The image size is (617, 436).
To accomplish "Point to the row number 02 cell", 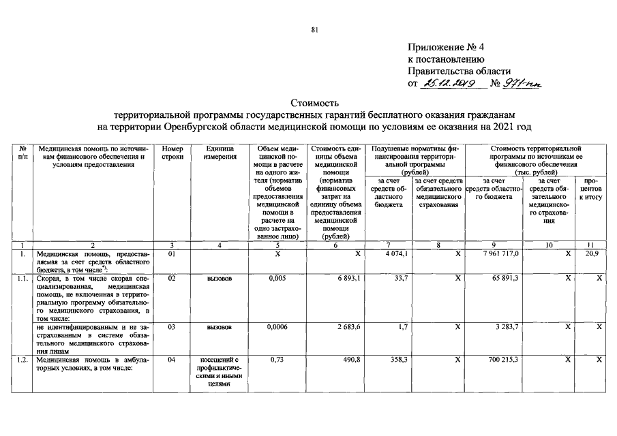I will tap(172, 279).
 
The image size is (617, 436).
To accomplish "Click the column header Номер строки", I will tap(172, 152).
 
